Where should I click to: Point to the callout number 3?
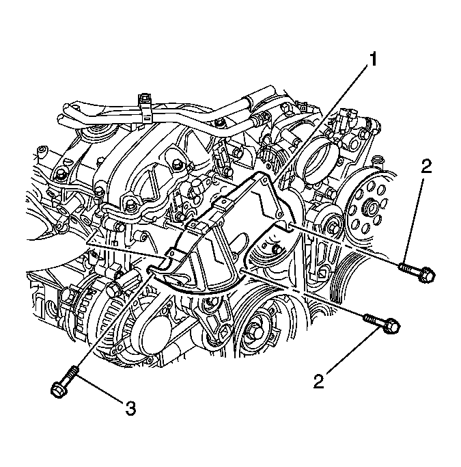click(130, 409)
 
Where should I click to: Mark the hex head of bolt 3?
click(57, 388)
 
